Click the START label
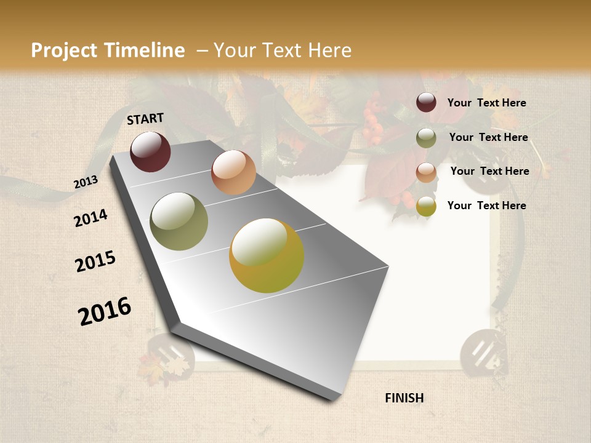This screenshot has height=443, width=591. (145, 118)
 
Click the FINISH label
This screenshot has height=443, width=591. (404, 398)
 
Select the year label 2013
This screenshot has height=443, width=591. (86, 182)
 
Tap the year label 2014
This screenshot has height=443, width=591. (90, 218)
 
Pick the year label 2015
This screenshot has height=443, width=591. (95, 261)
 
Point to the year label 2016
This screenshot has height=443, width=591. (105, 311)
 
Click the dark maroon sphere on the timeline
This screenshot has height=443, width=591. (150, 151)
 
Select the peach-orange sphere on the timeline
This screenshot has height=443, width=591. (233, 172)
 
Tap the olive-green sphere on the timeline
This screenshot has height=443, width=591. (179, 221)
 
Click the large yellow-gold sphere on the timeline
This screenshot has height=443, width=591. (266, 255)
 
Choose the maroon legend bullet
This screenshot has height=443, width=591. (426, 102)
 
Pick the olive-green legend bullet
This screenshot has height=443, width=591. (426, 138)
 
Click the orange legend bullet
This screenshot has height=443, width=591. (426, 172)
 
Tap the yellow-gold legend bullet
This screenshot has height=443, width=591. (426, 206)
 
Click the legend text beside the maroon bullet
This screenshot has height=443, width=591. (486, 103)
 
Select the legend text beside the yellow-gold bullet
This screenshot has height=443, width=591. (486, 206)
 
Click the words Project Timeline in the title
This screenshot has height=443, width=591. (108, 50)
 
